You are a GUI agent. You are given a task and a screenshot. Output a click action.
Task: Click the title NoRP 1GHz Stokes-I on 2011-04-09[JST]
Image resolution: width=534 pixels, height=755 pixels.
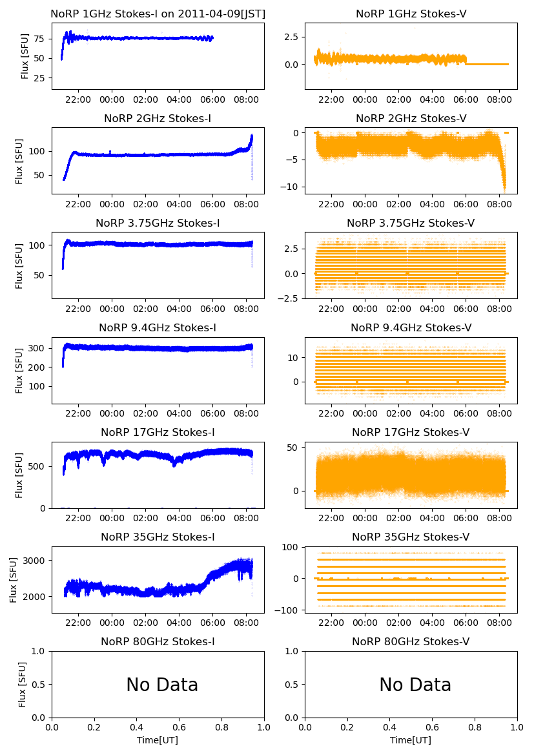[158, 14]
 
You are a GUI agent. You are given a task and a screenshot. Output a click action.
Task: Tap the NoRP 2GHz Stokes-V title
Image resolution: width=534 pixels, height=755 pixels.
[411, 118]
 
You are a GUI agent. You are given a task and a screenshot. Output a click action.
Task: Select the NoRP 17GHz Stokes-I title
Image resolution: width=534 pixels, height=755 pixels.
[158, 432]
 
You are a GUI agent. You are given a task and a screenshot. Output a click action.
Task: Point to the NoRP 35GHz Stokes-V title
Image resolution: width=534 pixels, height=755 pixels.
[411, 537]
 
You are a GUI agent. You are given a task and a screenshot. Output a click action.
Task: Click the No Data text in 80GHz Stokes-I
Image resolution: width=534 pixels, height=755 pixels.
[162, 685]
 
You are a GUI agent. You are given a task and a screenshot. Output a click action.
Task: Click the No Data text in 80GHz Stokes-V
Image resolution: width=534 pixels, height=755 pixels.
[415, 685]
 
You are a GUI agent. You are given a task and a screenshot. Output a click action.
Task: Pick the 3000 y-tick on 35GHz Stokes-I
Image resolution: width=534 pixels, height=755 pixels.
[37, 561]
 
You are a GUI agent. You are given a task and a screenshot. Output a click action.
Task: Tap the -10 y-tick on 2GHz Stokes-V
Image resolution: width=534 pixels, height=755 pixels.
[291, 187]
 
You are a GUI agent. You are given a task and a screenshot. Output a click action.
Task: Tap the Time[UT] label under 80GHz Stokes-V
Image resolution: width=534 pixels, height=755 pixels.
[411, 740]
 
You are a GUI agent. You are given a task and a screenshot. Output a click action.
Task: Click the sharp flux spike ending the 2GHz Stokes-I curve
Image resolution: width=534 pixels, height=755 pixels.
[251, 138]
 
